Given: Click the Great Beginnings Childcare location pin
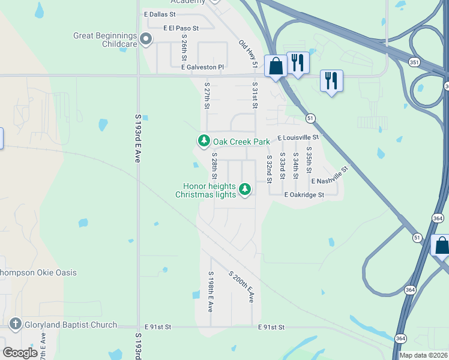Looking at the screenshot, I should pos(146,40).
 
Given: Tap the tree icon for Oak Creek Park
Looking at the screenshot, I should pos(204,142).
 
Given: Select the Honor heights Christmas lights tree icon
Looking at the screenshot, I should pos(244,190).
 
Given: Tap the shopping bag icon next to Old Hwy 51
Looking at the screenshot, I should pos(276,65).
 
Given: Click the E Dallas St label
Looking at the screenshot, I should pos(160,13).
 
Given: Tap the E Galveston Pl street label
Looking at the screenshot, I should pos(202,67).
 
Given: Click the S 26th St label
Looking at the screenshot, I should pos(184,50).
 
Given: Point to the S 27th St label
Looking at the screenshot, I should pos(207,96).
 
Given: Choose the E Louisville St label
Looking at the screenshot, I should pos(298,137).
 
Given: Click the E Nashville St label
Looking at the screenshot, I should pos(330,177).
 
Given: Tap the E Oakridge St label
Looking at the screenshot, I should pos(300,195).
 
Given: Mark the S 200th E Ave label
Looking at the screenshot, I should pos(241,287).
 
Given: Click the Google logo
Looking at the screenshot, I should pos(20,353).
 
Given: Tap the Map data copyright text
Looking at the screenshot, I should pos(424,355).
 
